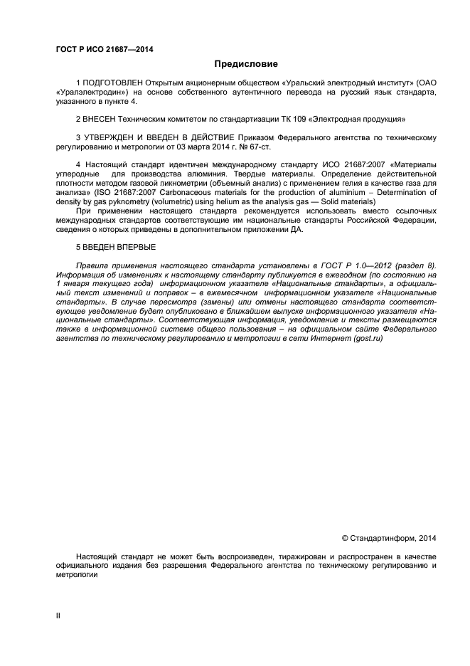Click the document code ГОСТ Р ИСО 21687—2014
click(105, 49)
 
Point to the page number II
click(58, 615)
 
